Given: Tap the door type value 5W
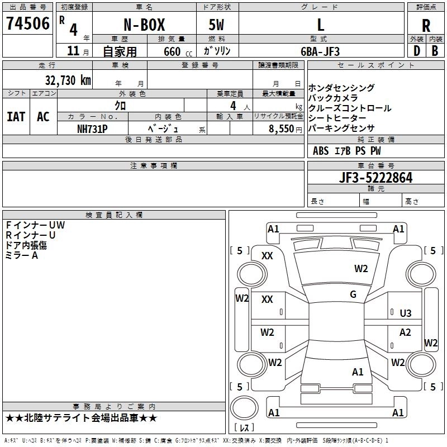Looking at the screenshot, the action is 216,25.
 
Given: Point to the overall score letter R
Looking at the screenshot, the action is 426,26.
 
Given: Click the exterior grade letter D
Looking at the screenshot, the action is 416,51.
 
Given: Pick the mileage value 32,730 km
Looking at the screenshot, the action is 68,80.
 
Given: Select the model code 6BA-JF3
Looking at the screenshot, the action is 320,51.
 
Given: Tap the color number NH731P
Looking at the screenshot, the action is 92,128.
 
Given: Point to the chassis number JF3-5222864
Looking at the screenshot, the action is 375,178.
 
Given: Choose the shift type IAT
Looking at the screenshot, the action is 16,117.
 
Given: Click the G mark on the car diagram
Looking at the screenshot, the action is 353,294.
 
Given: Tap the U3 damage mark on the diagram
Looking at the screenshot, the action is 406,313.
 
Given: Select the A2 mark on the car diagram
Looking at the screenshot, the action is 405,332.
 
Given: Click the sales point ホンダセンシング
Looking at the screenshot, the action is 341,88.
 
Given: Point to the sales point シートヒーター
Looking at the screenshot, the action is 337,118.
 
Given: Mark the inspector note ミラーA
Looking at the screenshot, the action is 22,255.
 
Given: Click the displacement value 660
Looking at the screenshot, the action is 172,51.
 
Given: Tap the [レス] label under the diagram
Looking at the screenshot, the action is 244,428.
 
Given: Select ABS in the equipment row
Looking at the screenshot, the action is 321,150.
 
